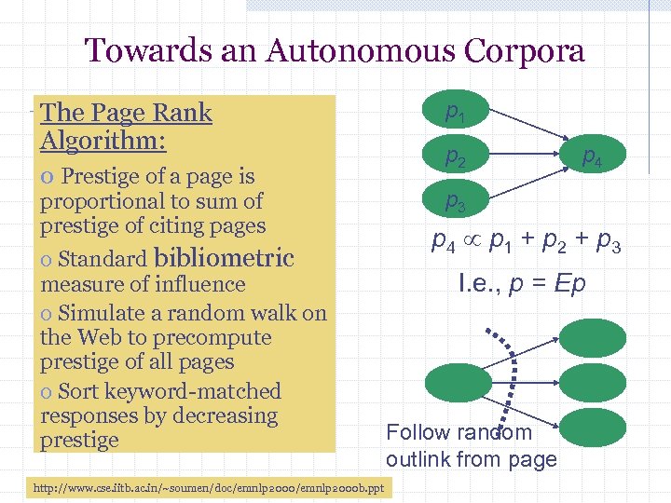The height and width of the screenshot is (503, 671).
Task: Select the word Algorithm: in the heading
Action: [x=103, y=141]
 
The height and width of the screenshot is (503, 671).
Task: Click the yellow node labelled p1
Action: [x=455, y=113]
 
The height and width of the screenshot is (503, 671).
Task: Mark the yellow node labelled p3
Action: [x=455, y=199]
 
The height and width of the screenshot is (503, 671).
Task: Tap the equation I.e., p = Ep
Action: [x=521, y=283]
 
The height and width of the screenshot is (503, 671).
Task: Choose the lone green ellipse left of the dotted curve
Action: [x=456, y=382]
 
